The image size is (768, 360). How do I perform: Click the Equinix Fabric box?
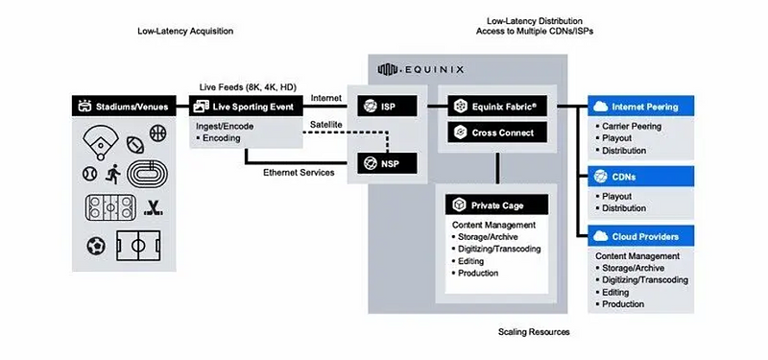click(x=497, y=106)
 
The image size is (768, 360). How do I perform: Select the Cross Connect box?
click(x=497, y=132)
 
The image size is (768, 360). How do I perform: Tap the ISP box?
click(x=387, y=106)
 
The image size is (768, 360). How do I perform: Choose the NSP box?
click(x=387, y=163)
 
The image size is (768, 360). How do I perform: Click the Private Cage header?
click(x=496, y=205)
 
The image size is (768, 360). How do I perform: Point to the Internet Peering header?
click(x=640, y=107)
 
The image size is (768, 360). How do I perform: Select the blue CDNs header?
click(x=640, y=177)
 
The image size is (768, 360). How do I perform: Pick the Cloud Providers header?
click(x=640, y=236)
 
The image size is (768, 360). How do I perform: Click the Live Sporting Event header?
click(x=246, y=106)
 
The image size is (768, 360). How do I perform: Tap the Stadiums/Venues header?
click(x=124, y=106)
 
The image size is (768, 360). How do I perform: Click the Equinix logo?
click(x=420, y=69)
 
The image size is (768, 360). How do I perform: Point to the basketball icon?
click(x=157, y=132)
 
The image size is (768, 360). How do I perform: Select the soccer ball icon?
click(x=96, y=246)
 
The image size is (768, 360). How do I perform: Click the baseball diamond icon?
click(x=101, y=143)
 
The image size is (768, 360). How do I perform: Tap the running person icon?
click(x=113, y=174)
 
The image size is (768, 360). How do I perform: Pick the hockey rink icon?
click(x=110, y=207)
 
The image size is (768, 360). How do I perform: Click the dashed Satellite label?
click(x=325, y=125)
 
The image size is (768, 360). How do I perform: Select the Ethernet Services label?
click(x=299, y=173)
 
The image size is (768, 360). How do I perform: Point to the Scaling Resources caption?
click(x=534, y=332)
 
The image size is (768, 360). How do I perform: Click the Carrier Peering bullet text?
click(x=632, y=127)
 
